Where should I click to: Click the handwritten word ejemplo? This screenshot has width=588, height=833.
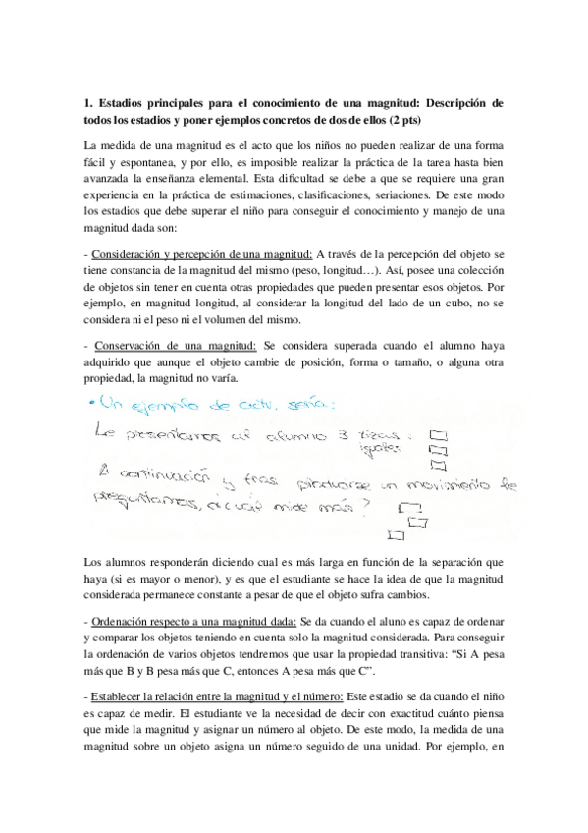[170, 404]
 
